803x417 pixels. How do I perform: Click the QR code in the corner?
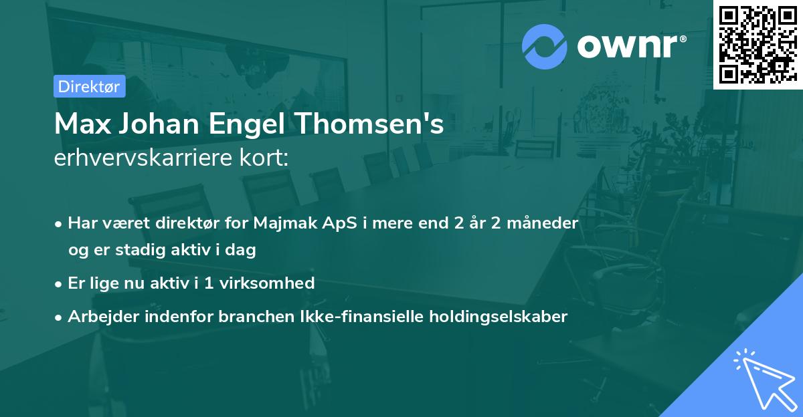coord(757,44)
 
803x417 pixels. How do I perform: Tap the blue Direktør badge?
coord(89,86)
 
